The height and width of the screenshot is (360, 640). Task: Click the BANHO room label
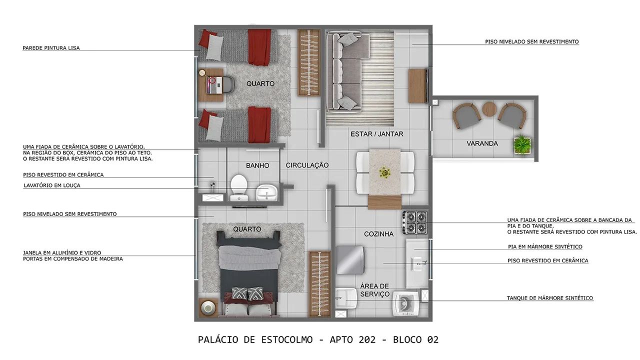coord(257,165)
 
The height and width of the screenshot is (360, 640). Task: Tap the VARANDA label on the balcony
coord(482,143)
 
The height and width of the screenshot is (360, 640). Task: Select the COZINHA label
coord(378,234)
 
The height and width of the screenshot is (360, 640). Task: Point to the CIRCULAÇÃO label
coord(307,165)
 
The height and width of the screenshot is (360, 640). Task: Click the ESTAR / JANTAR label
coord(377,134)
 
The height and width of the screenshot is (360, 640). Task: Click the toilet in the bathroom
coord(239,187)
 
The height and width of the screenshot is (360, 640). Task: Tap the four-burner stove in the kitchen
coord(415,222)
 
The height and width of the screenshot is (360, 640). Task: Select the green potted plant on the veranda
coord(522,145)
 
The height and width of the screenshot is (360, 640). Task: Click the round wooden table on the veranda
coord(489,109)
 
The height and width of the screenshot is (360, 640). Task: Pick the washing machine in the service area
coord(405,303)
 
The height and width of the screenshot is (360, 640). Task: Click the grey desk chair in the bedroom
coord(227,85)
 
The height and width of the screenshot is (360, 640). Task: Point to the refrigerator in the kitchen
coord(350,260)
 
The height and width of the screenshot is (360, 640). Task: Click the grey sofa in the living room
coord(343,72)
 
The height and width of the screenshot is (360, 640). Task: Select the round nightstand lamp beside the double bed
coord(207,308)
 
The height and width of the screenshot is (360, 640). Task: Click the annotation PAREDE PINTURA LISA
coord(51,48)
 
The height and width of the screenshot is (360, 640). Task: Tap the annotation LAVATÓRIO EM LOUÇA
coord(51,185)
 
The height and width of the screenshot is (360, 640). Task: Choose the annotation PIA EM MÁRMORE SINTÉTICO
coord(545,246)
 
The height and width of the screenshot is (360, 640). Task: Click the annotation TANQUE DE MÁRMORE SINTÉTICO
coord(550,298)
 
